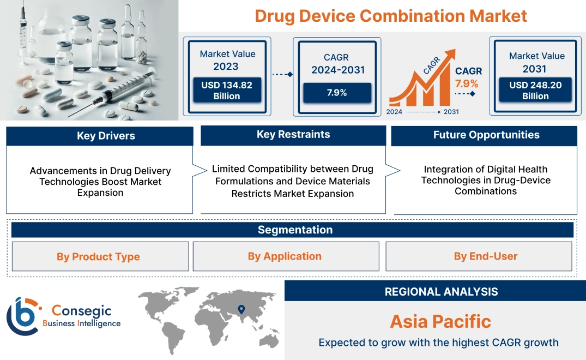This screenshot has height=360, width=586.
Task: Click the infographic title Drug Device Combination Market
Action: coord(391,16)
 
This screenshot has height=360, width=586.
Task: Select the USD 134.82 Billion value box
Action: coord(226,90)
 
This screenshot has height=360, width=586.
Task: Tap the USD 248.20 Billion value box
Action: coord(535,90)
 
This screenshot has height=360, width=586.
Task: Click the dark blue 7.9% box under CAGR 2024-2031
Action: coord(337,93)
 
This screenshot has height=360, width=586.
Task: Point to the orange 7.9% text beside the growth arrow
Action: coord(467,83)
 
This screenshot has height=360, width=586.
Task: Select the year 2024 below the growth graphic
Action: coord(395,112)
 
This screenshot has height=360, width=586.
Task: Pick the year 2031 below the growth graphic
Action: coord(451,112)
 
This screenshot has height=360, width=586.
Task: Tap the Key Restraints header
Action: coord(293,135)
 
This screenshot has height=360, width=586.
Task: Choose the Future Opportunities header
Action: coord(486,135)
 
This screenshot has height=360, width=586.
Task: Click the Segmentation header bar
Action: coord(295,230)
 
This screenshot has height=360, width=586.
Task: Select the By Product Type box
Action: coord(99,256)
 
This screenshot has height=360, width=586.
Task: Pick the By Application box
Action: coord(285,256)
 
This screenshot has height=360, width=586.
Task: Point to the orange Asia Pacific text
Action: coord(440,321)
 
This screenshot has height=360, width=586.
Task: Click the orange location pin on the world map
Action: coord(240,310)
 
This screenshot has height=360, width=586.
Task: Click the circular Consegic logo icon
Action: coord(23,316)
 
